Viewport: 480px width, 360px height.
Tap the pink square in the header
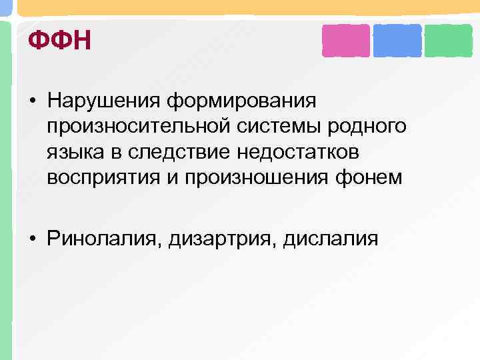(x=345, y=41)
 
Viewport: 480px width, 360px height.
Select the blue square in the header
(x=397, y=41)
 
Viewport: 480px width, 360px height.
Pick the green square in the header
(x=449, y=41)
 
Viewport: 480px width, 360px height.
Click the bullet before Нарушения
(x=32, y=103)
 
